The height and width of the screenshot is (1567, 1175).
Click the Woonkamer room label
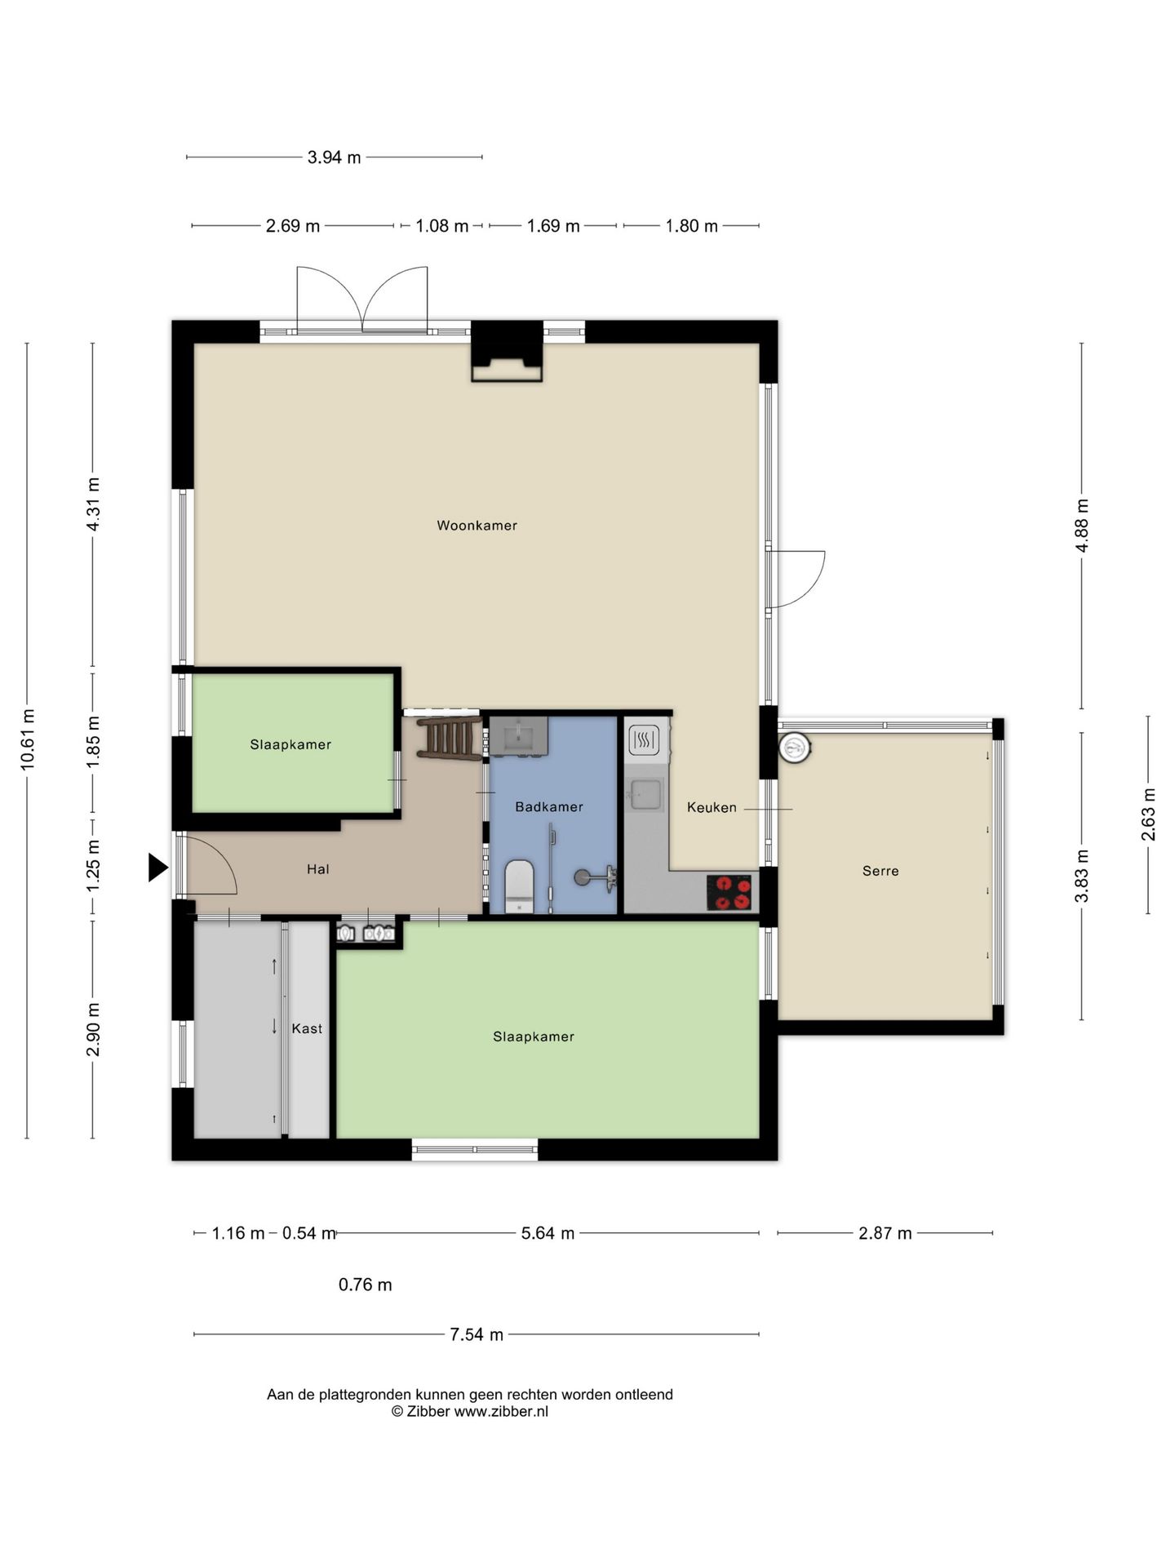tap(477, 526)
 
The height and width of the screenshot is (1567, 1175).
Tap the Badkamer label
tap(549, 807)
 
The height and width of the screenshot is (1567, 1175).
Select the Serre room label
tap(880, 871)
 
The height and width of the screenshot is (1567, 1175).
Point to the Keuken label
tap(712, 807)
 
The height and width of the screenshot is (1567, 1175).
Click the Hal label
tap(318, 869)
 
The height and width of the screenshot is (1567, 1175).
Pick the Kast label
tap(307, 1028)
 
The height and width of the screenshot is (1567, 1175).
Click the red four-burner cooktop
tap(729, 891)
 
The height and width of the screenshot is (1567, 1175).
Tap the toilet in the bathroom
tap(519, 886)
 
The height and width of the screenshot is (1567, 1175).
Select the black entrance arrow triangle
tap(157, 868)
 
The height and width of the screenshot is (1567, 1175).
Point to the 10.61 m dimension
tap(28, 739)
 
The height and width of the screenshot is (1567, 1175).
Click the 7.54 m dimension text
tap(477, 1334)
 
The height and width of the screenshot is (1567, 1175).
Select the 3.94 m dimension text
tap(334, 158)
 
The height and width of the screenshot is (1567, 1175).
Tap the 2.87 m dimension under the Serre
tap(885, 1233)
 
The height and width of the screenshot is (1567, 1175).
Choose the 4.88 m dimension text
tap(1082, 526)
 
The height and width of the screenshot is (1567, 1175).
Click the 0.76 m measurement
tap(365, 1285)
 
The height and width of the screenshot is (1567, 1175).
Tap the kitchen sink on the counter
tap(646, 793)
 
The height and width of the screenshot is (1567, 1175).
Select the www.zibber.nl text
tap(501, 1411)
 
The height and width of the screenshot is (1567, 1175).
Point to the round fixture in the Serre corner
tap(795, 747)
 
